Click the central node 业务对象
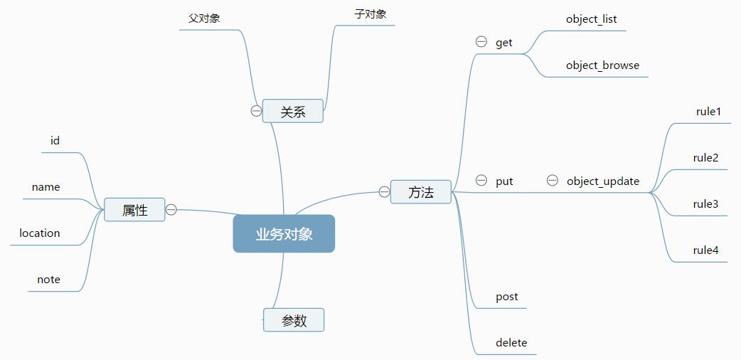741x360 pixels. coord(284,233)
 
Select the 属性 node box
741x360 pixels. coord(134,210)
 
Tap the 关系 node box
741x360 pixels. coord(292,111)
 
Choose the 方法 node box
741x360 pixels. coord(421,191)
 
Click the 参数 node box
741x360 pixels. coord(294,320)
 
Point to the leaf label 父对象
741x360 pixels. coord(204,18)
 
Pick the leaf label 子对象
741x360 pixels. coord(370,14)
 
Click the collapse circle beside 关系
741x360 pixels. coord(256,111)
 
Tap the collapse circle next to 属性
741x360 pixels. coord(171,210)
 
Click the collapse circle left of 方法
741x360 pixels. coord(384,191)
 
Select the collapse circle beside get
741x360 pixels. coord(481,42)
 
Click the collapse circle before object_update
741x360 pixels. coord(553,181)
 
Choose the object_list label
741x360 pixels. coord(592,19)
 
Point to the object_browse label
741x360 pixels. coord(602,65)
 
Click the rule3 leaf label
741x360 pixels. coord(705,204)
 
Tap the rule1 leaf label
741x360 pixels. coord(708,112)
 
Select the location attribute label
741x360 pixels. coord(40,233)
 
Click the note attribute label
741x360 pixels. coord(49,280)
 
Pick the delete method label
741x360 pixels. coord(511,343)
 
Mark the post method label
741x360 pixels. coord(507,297)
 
